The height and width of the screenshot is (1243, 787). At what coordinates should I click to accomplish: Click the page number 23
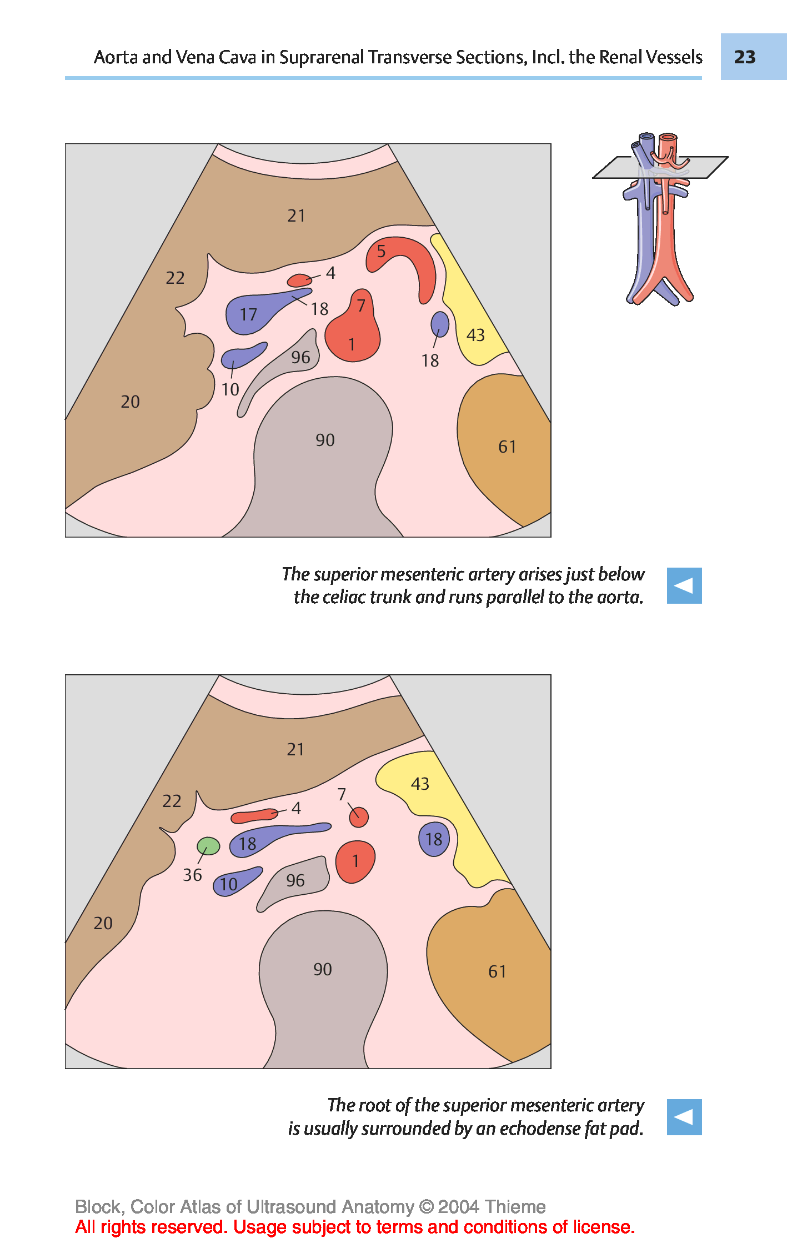pyautogui.click(x=745, y=57)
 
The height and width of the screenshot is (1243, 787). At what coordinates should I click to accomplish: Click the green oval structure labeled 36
pyautogui.click(x=208, y=846)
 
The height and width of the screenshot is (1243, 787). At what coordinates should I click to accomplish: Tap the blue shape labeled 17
pyautogui.click(x=255, y=313)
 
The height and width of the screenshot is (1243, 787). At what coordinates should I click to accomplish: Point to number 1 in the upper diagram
pyautogui.click(x=352, y=344)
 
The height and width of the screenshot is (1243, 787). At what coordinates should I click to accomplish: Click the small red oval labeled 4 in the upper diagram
pyautogui.click(x=299, y=280)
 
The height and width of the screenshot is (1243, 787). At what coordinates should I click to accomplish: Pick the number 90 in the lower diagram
pyautogui.click(x=323, y=969)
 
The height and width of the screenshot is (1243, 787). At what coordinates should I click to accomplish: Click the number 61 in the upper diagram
pyautogui.click(x=507, y=447)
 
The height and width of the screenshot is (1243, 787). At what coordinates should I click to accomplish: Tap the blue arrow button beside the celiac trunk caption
pyautogui.click(x=684, y=585)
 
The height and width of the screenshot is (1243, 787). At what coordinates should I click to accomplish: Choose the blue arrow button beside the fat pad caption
pyautogui.click(x=684, y=1117)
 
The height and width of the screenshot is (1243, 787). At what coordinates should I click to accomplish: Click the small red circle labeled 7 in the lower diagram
pyautogui.click(x=359, y=817)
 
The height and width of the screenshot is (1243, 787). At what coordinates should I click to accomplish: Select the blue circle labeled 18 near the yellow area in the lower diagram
pyautogui.click(x=434, y=839)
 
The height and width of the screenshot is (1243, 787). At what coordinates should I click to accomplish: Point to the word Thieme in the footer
pyautogui.click(x=515, y=1206)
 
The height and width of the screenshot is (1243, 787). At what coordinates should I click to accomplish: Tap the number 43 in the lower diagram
pyautogui.click(x=420, y=784)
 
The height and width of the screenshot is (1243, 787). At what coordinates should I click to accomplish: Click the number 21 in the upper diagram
pyautogui.click(x=296, y=215)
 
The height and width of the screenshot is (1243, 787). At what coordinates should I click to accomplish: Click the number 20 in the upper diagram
pyautogui.click(x=131, y=402)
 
